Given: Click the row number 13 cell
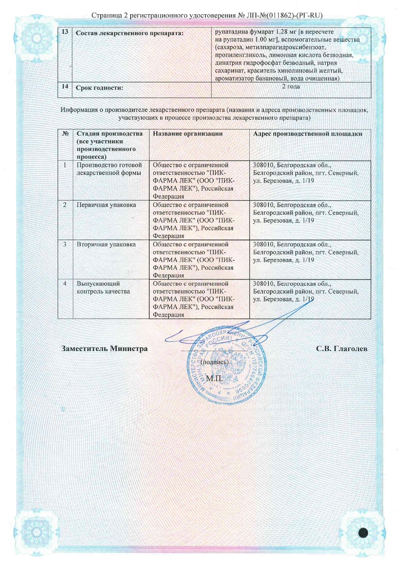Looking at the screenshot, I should [x=64, y=32].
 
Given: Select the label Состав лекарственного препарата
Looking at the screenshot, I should [x=130, y=33].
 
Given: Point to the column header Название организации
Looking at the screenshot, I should [x=188, y=134].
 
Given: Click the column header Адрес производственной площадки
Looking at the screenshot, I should [x=308, y=134].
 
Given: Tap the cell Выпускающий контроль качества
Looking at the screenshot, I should [x=103, y=288].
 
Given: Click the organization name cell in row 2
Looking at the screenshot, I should [x=192, y=220].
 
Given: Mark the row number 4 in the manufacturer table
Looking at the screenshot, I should [x=65, y=283].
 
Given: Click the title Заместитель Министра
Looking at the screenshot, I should [x=105, y=349].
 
